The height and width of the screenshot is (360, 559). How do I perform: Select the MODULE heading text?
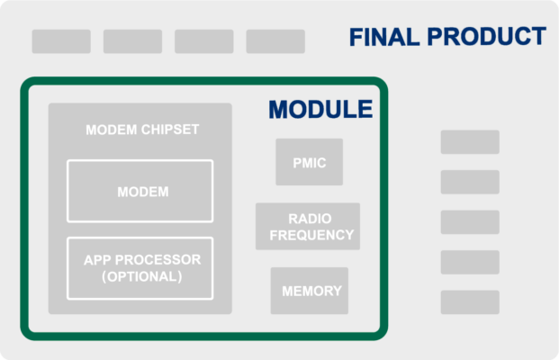pos(320,110)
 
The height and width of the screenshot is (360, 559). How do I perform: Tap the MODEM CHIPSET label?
pos(142,130)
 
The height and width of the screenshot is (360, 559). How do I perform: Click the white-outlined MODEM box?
pos(140,191)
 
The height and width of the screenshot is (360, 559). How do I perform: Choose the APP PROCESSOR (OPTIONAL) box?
pos(140,268)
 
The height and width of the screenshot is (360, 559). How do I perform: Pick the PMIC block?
pos(309,162)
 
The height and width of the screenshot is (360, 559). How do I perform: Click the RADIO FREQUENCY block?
pos(309,227)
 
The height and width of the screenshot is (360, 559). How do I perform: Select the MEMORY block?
pos(311,291)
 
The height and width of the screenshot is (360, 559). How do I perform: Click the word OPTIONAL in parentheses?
pos(142,277)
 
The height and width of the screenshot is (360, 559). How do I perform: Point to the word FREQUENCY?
pos(311,236)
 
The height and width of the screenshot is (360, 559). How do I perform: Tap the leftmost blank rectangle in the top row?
pos(61,41)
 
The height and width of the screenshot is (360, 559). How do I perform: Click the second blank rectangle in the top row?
pos(132,41)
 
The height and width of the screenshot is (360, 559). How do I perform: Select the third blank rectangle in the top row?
pos(203,41)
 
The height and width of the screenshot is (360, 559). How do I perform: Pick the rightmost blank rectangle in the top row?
pos(275,41)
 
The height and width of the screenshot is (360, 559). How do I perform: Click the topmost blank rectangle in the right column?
pos(470,142)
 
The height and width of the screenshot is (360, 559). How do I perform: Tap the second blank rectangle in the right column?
pos(470,182)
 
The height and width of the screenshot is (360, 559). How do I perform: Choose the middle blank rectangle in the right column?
pos(470,222)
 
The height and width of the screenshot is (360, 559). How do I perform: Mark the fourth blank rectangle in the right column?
pos(470,262)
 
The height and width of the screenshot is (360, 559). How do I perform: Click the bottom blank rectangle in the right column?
pos(470,302)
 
